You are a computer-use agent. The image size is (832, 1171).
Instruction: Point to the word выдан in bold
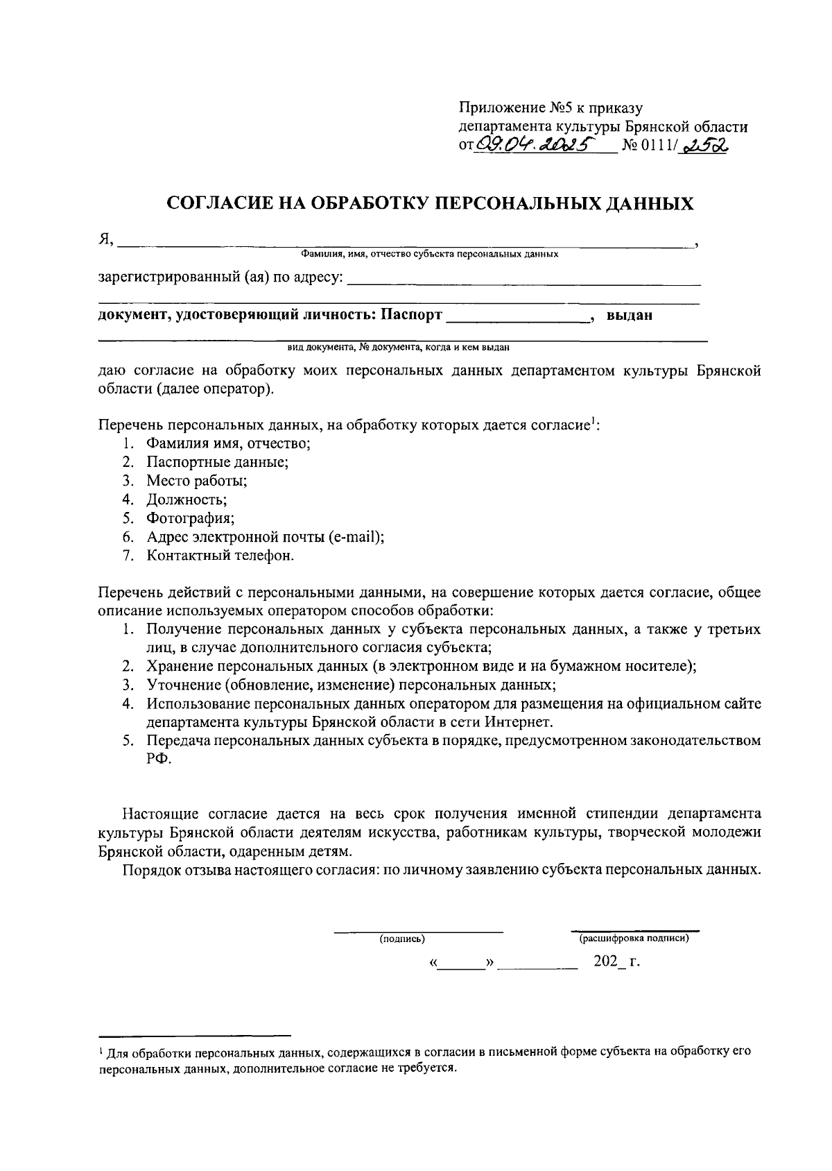tap(629, 316)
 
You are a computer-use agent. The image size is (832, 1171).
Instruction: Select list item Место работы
tap(196, 481)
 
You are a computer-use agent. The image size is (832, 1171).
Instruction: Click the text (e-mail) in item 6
tap(356, 537)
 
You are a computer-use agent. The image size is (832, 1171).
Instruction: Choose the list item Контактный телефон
tap(220, 556)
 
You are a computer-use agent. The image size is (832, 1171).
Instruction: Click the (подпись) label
tap(402, 939)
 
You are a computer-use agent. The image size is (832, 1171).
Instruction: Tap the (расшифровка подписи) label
tap(634, 939)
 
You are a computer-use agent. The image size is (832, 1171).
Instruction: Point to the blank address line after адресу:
tap(523, 282)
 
